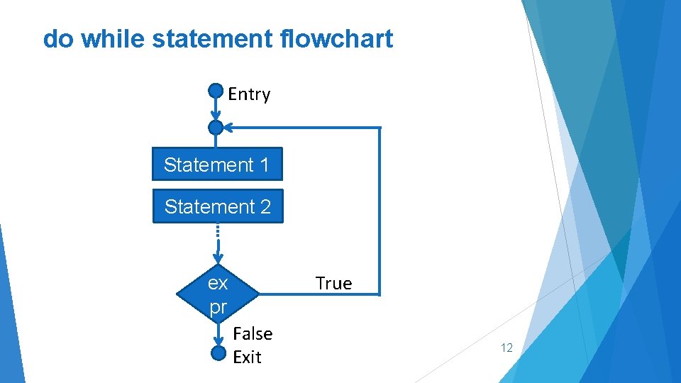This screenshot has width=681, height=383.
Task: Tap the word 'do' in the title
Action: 58,38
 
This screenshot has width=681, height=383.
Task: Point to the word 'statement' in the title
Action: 212,38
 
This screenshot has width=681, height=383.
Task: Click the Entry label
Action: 249,94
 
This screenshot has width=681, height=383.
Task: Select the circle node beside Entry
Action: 216,91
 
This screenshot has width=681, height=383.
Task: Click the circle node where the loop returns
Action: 216,128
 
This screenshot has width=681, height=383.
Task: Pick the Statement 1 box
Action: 217,165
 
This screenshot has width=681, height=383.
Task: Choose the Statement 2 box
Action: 218,206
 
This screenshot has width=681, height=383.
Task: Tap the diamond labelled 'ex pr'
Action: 218,294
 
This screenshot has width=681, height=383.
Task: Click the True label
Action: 333,284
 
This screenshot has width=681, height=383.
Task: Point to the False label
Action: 253,333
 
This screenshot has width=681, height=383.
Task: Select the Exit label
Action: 247,357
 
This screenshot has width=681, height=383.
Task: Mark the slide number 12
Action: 506,348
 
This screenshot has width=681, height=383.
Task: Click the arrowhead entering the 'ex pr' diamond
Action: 218,257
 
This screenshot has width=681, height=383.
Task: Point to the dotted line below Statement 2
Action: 218,233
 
